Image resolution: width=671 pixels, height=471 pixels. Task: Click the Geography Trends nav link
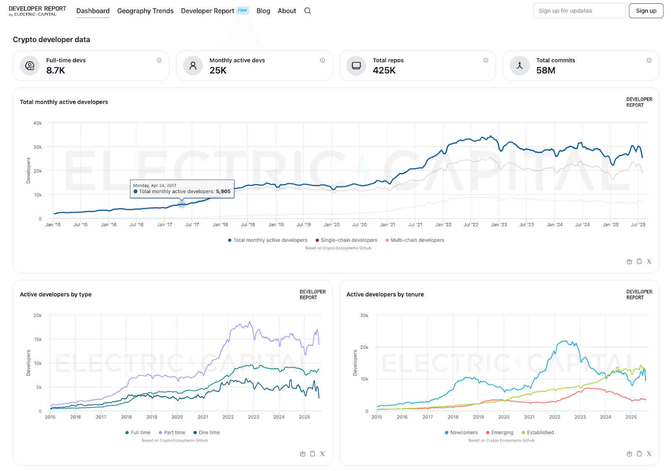click(x=145, y=11)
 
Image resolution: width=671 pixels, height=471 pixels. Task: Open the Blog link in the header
click(x=263, y=11)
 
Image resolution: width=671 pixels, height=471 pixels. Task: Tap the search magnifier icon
click(x=307, y=11)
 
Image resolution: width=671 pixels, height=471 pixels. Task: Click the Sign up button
click(x=646, y=11)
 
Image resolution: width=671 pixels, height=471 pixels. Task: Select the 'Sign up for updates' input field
click(x=579, y=11)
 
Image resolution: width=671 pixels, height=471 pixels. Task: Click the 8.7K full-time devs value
click(x=56, y=71)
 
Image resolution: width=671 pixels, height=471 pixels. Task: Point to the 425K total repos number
click(x=384, y=71)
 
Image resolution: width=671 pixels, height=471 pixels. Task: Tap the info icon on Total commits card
click(x=649, y=60)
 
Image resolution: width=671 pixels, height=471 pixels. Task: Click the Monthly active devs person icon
click(x=193, y=65)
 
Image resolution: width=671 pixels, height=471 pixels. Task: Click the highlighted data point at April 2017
click(x=182, y=204)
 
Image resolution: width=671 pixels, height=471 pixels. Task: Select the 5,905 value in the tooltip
click(x=223, y=191)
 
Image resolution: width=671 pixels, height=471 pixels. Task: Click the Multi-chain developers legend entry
click(x=417, y=240)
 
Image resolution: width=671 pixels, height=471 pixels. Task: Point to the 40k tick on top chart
click(x=37, y=123)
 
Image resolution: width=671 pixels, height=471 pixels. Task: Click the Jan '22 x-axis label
click(x=443, y=225)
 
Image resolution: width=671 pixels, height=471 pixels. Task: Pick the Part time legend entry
click(x=174, y=432)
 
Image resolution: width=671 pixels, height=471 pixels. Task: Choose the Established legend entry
click(x=540, y=432)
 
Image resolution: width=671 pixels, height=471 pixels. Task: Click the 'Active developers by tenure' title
click(x=385, y=294)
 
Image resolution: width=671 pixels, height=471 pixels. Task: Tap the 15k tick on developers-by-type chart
click(x=38, y=339)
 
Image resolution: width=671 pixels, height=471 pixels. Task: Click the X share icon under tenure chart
click(x=649, y=454)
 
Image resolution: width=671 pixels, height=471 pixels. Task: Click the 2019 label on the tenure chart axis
click(x=479, y=417)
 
